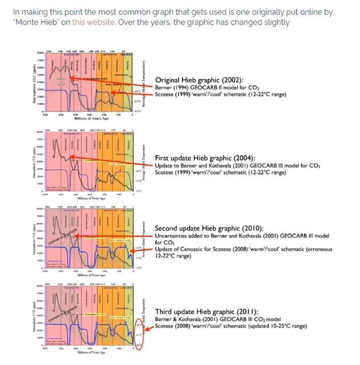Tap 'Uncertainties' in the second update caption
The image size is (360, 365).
[175, 236]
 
